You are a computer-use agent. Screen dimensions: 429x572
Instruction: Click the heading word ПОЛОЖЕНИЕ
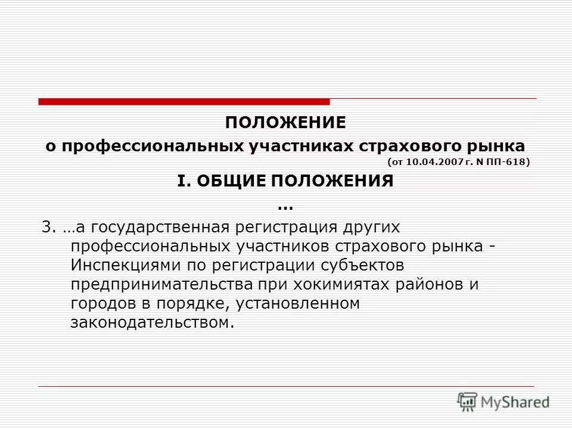pyautogui.click(x=285, y=123)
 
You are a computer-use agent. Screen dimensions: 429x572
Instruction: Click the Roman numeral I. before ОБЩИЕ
pyautogui.click(x=182, y=181)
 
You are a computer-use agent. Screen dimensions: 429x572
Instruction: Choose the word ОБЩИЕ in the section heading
pyautogui.click(x=227, y=181)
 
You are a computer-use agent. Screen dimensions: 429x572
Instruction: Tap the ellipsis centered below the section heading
pyautogui.click(x=285, y=206)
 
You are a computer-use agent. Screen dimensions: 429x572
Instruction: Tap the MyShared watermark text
pyautogui.click(x=515, y=402)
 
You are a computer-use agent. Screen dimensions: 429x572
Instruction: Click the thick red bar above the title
pyautogui.click(x=184, y=102)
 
